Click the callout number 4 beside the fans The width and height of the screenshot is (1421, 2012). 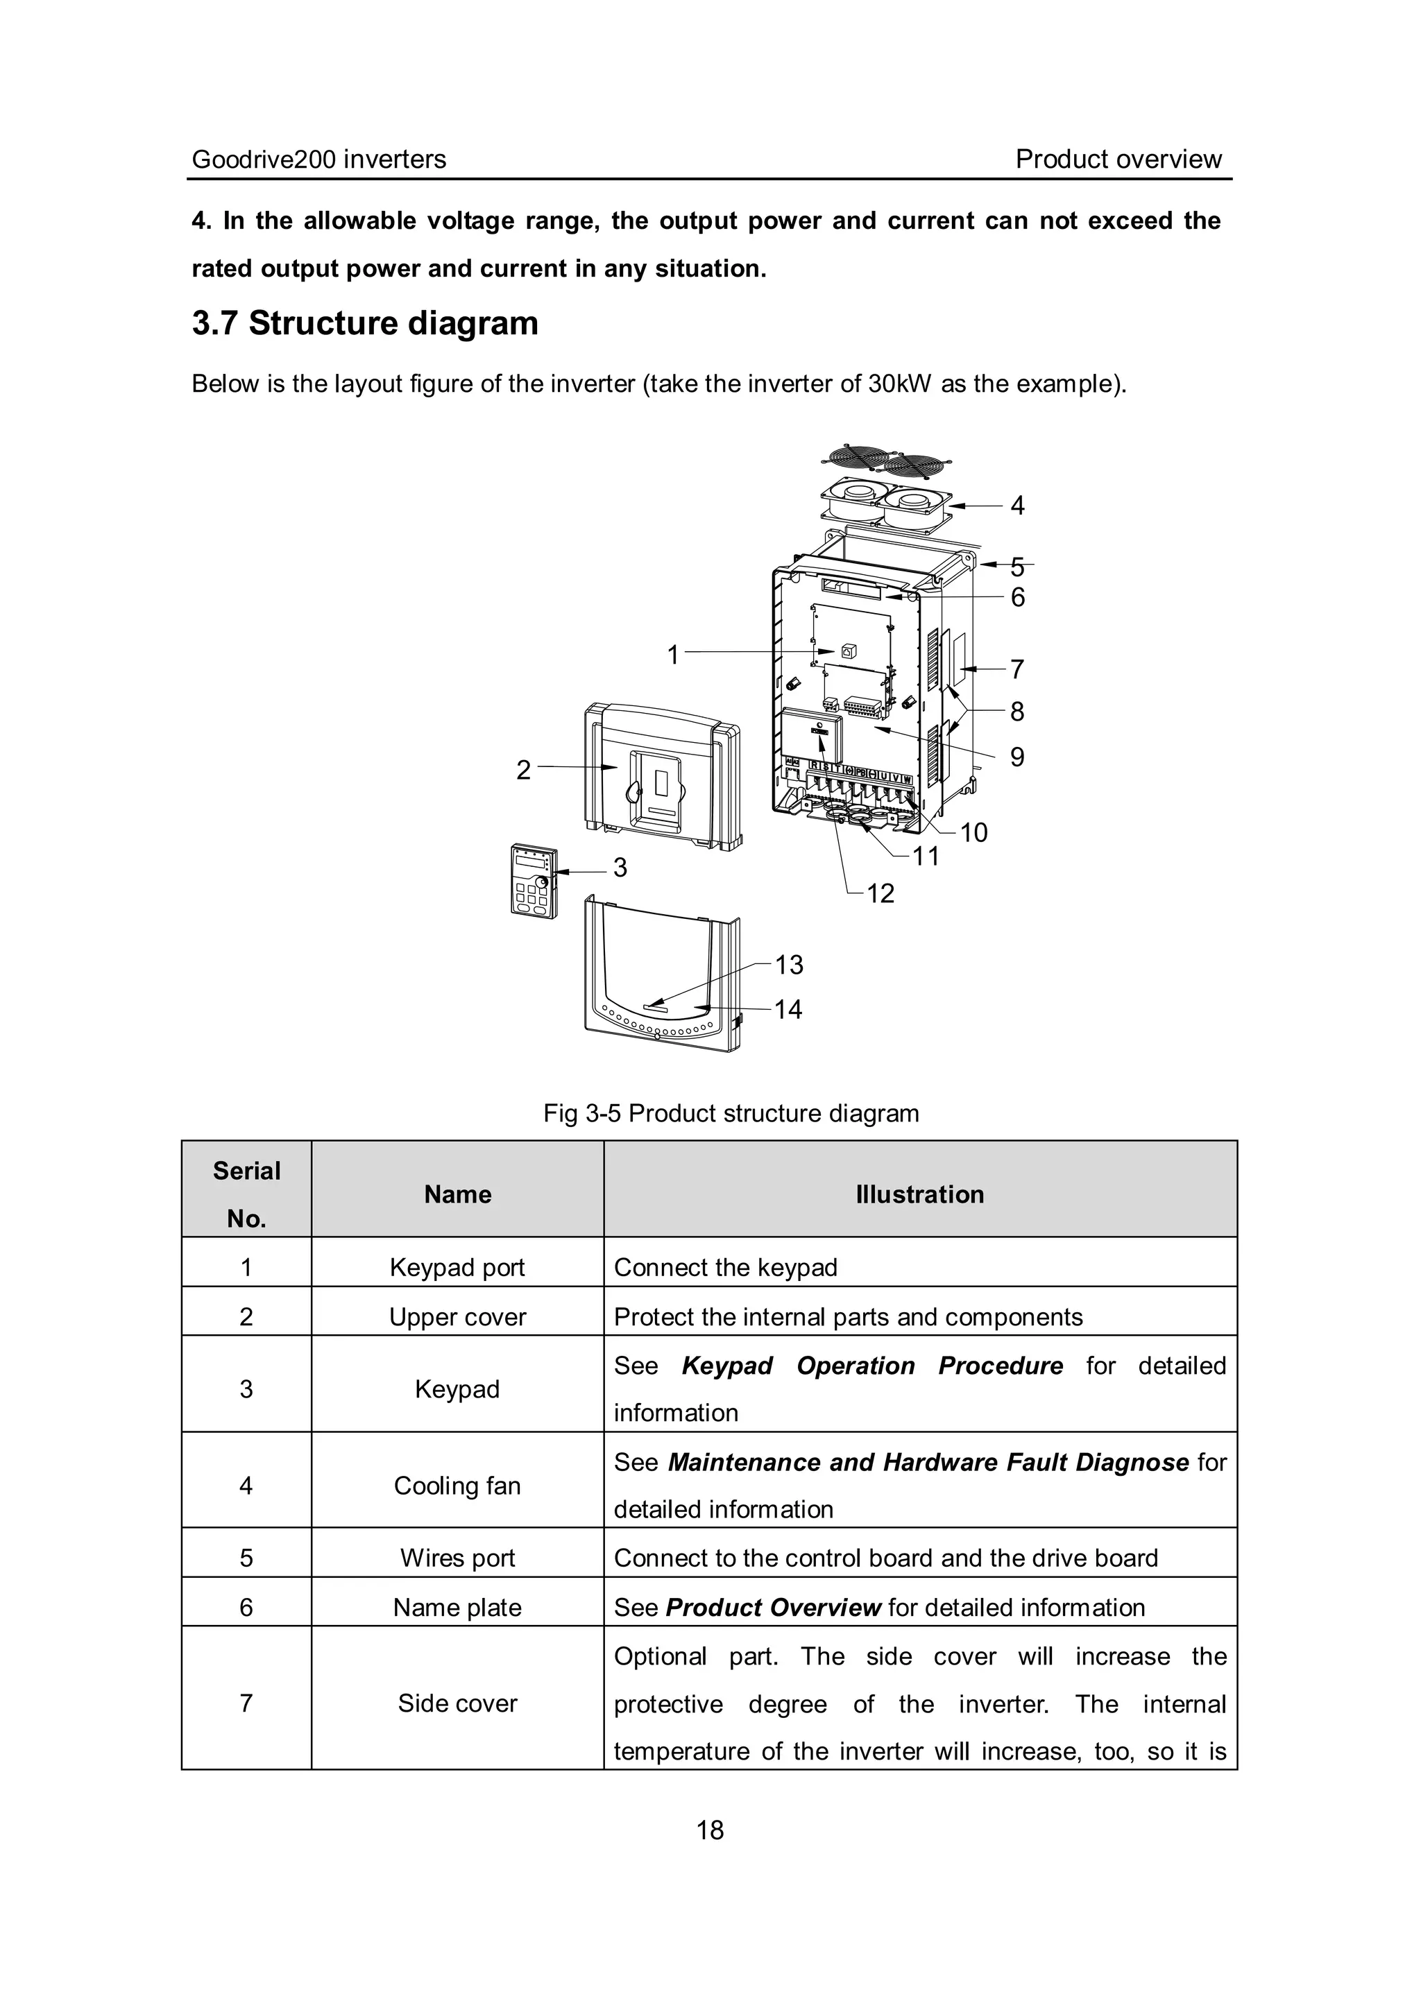coord(1017,506)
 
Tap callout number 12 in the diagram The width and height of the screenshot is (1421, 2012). coord(880,893)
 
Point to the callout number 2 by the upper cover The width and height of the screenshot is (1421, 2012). coord(523,769)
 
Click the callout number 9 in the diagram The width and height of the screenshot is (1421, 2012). coord(1017,756)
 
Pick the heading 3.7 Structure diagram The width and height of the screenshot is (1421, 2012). coord(365,323)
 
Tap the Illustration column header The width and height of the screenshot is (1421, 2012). coord(919,1194)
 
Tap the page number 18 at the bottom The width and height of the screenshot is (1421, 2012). coord(710,1830)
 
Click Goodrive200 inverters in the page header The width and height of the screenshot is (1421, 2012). coord(319,160)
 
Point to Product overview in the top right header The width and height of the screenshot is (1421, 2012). coord(1118,160)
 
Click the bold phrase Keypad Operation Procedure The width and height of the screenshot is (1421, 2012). coord(871,1366)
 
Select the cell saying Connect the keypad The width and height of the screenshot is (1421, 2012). coord(726,1267)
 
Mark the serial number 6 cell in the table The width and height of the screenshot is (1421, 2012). coord(246,1607)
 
